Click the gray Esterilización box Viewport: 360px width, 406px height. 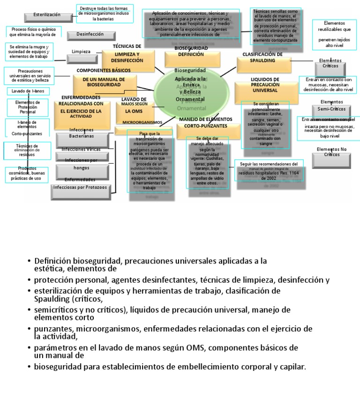46,16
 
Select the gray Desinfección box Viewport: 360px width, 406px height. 90,35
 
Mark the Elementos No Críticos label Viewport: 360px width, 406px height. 331,151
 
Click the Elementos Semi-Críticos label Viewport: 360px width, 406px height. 331,105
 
